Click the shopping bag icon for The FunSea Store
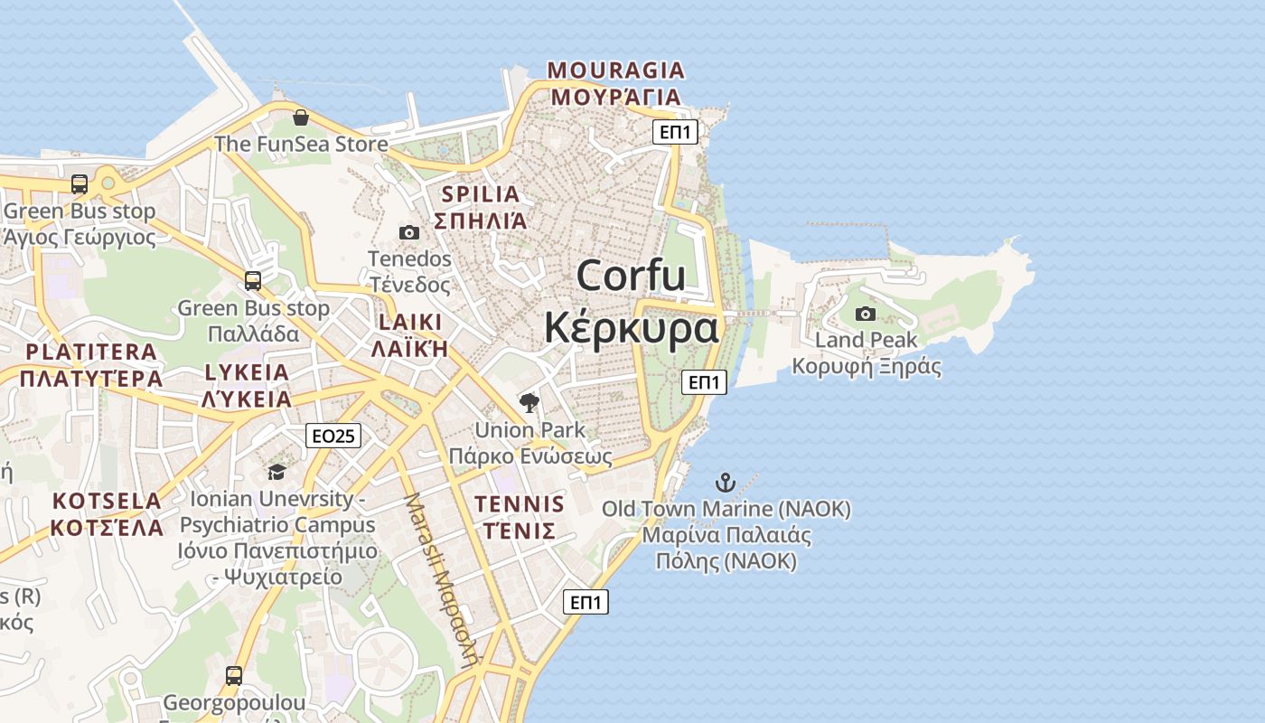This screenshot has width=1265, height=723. (301, 117)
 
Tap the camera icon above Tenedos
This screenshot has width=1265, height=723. (408, 232)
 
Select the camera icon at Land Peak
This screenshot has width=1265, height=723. (865, 314)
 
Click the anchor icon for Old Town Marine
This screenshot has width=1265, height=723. (725, 482)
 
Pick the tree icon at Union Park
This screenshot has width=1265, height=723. (529, 403)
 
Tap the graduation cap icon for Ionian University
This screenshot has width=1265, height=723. (276, 472)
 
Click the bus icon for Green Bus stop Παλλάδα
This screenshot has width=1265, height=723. (253, 281)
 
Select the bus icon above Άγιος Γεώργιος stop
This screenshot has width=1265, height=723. (80, 184)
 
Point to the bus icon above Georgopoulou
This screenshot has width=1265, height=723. (234, 675)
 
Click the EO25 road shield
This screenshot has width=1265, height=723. (333, 437)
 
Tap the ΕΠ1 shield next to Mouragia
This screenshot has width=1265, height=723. (676, 133)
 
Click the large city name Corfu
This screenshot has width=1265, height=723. (631, 276)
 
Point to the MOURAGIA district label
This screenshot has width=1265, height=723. (616, 70)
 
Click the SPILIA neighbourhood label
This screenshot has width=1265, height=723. (481, 194)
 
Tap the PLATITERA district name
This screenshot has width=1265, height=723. (91, 352)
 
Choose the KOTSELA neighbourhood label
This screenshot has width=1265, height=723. (107, 501)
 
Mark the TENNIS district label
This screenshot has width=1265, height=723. (519, 503)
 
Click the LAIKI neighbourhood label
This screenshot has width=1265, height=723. (411, 323)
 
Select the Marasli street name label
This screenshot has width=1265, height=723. (440, 578)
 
